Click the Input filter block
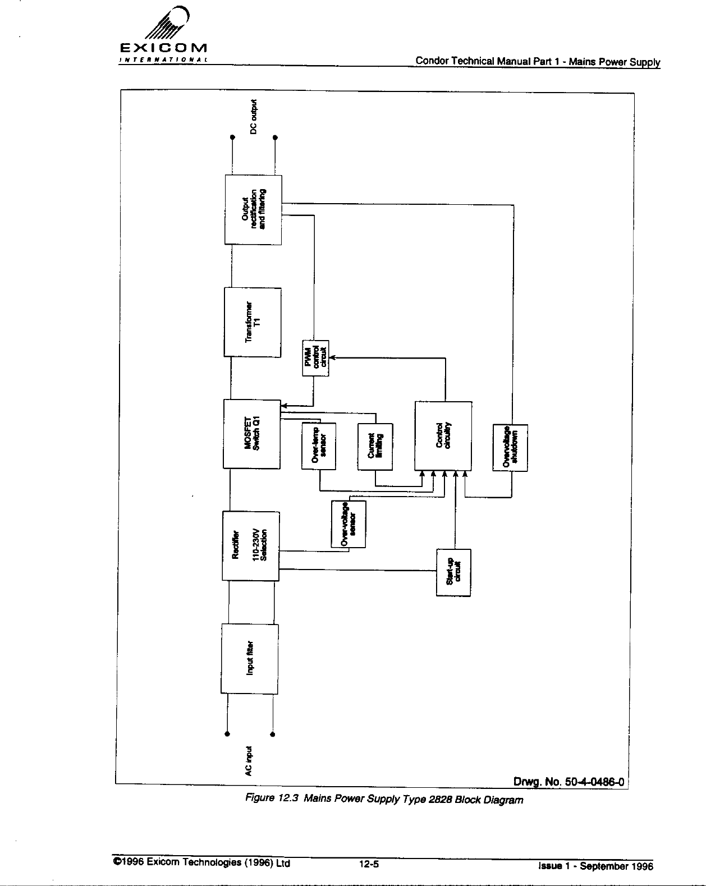[x=249, y=659]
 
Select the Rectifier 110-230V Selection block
[x=250, y=546]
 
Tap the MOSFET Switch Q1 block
[x=252, y=434]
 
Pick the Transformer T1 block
[x=253, y=322]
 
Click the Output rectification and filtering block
[x=253, y=209]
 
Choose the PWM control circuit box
[x=315, y=358]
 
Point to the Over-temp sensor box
[x=319, y=446]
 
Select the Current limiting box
[x=375, y=446]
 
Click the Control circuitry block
[x=443, y=436]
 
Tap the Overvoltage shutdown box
[x=510, y=447]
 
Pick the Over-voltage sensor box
[x=349, y=524]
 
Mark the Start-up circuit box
[x=453, y=572]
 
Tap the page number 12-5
[x=369, y=864]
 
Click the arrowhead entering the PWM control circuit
[x=332, y=357]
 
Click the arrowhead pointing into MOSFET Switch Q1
[x=283, y=405]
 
